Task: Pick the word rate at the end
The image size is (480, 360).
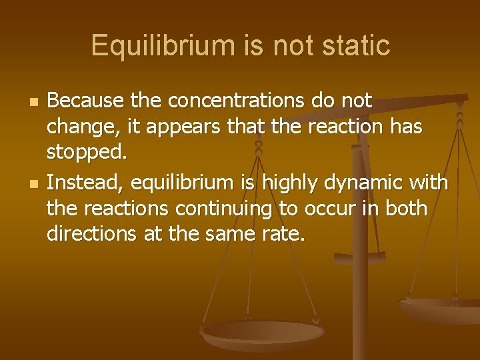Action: (286, 235)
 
